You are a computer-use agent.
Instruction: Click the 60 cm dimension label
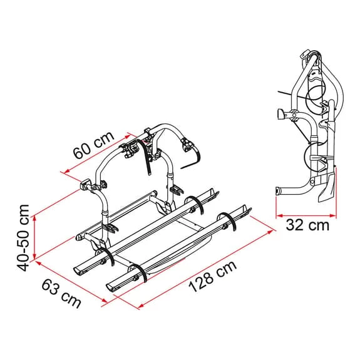[x=94, y=145]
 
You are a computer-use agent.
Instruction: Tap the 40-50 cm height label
[x=23, y=238]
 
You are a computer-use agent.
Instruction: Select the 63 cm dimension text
[x=61, y=294]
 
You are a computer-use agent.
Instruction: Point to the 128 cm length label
[x=212, y=277]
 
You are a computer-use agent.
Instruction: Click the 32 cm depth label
[x=307, y=225]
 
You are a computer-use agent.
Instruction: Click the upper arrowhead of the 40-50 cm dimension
[x=34, y=219]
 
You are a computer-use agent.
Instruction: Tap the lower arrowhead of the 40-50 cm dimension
[x=34, y=257]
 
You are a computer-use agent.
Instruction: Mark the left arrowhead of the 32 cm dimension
[x=279, y=215]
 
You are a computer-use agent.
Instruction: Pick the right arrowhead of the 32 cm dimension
[x=332, y=215]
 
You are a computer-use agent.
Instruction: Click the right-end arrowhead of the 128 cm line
[x=270, y=232]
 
